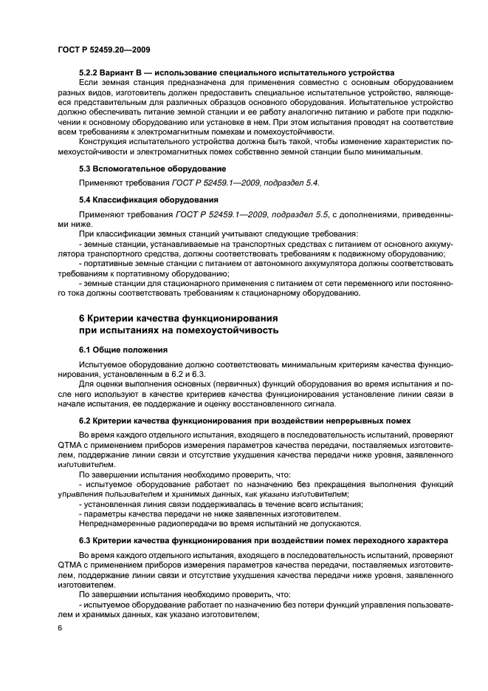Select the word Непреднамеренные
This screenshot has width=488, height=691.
pyautogui.click(x=115, y=523)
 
